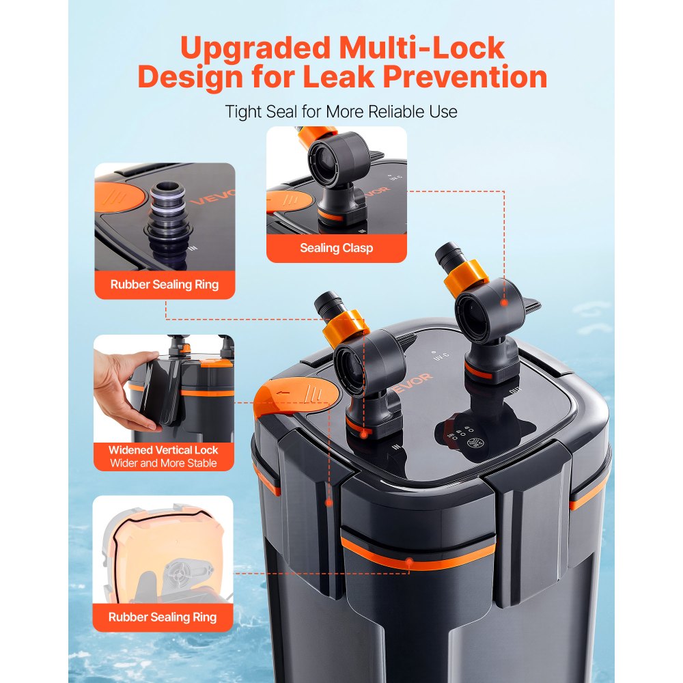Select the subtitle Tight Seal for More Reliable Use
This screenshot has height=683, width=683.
[341, 111]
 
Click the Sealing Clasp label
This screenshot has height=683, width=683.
[336, 248]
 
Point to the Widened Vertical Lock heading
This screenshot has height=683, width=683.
[163, 450]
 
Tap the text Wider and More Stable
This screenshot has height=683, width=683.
[163, 463]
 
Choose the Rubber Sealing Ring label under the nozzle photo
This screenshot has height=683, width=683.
[165, 284]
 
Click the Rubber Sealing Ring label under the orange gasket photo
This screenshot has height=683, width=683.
[163, 617]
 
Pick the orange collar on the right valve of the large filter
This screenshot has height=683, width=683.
[466, 277]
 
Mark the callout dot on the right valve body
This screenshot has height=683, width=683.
[503, 301]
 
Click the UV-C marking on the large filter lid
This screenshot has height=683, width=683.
[441, 355]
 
